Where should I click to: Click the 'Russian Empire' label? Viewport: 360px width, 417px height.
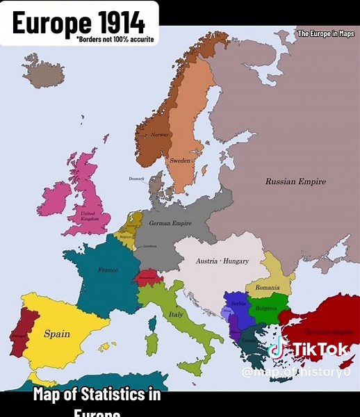295,181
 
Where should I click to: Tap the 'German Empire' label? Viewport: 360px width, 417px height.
170,223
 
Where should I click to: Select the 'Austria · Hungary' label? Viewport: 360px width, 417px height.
222,261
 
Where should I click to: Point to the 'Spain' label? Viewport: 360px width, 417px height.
57,334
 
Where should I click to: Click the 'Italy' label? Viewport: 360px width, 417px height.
175,315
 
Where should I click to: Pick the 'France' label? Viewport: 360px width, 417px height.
108,270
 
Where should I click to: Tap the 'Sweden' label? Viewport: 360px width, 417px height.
180,161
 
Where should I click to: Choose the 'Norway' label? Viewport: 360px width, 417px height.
160,134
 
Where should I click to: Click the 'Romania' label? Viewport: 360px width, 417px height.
267,287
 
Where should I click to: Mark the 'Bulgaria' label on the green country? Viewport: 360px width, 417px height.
265,307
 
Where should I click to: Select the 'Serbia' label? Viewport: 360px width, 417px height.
238,304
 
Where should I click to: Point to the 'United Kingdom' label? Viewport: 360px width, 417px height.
90,216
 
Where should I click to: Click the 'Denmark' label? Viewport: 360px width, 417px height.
137,179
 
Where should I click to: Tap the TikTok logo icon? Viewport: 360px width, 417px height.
277,347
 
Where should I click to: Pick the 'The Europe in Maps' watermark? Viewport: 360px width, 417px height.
325,33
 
